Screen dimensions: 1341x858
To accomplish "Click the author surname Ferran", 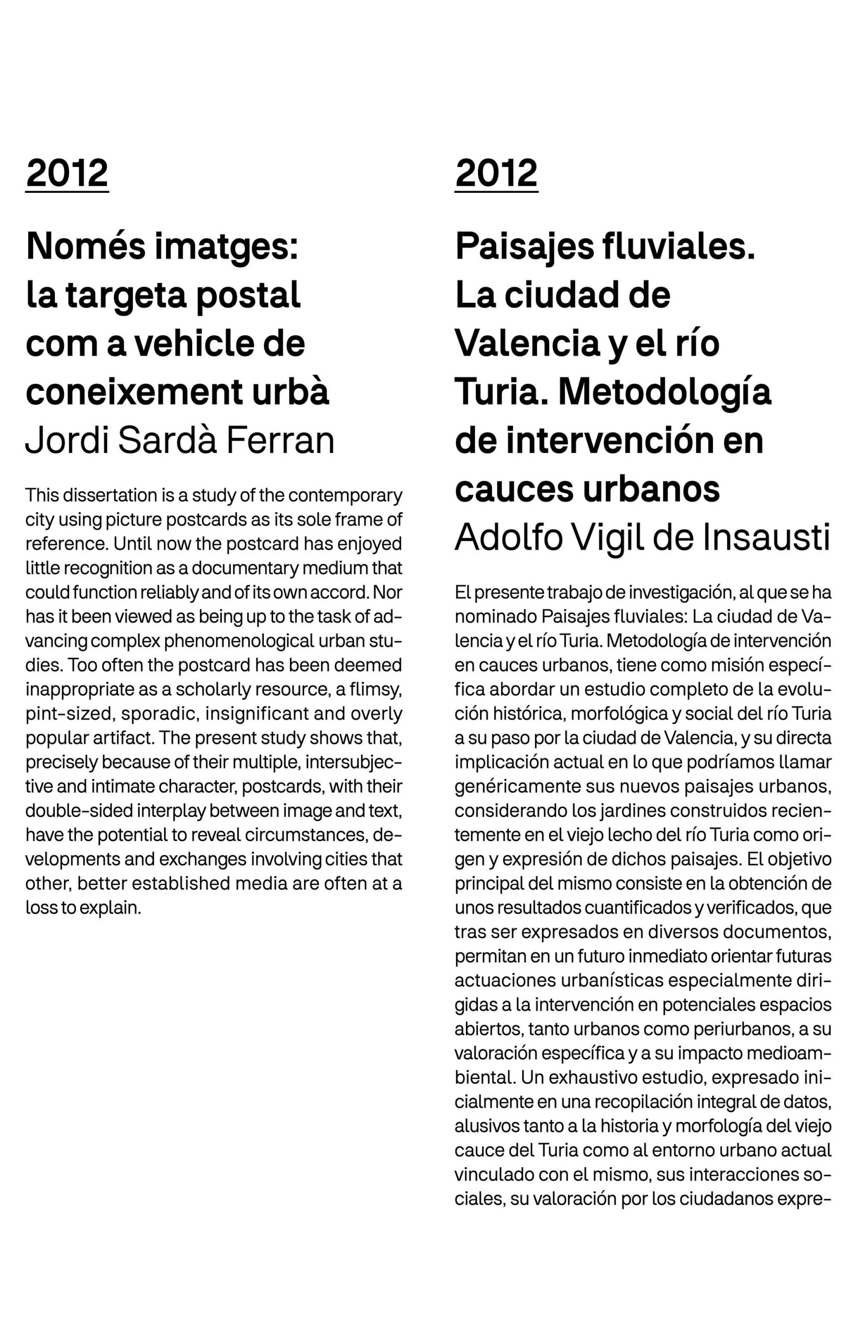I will (280, 441).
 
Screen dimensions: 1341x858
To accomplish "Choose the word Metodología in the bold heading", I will (665, 392).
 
